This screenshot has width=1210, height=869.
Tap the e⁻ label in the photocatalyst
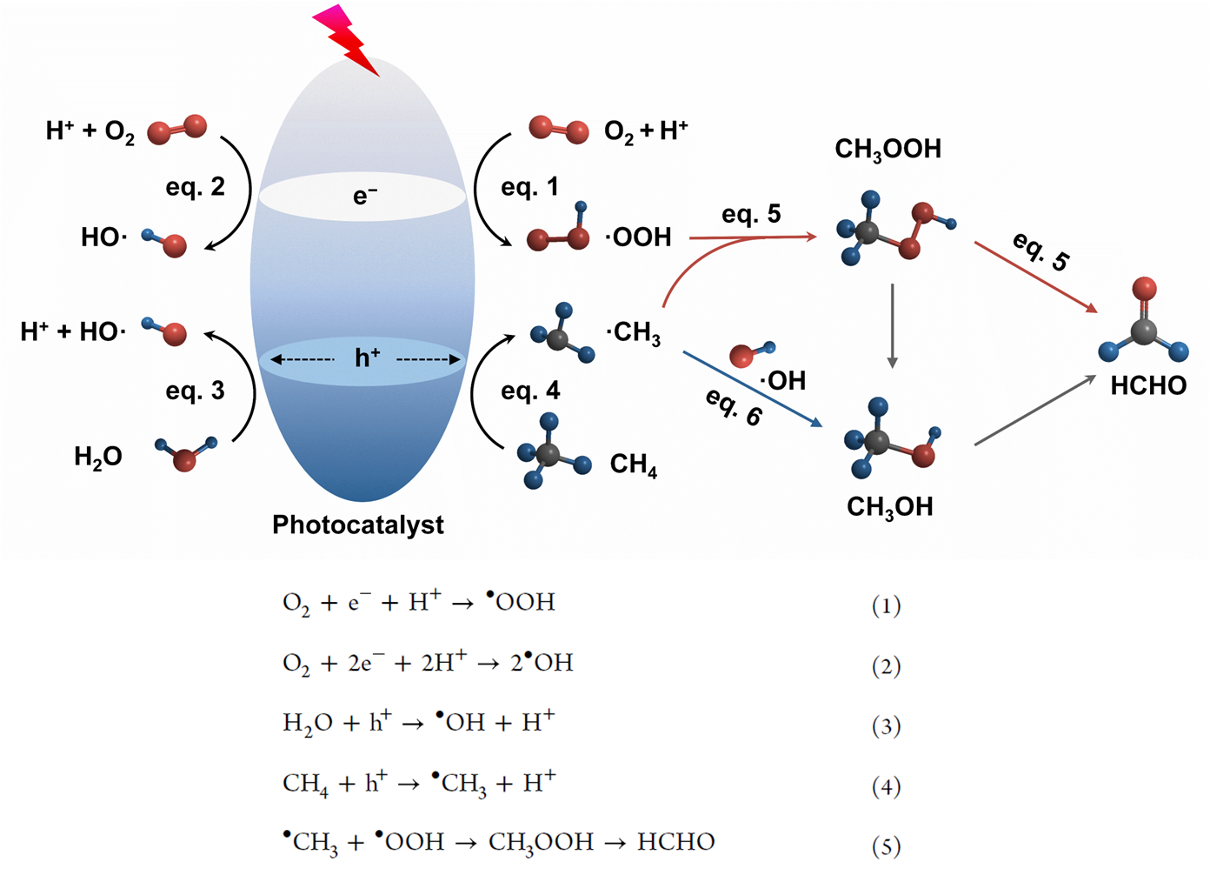364,197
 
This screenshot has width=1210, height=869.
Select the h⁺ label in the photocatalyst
367,358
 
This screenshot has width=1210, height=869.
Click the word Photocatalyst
357,525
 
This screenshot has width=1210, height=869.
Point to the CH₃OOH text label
888,149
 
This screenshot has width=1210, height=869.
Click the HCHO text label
1148,385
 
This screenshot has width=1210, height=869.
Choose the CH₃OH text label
889,506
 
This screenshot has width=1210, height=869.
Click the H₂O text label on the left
98,457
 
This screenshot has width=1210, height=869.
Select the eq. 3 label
195,391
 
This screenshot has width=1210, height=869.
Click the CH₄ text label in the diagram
633,465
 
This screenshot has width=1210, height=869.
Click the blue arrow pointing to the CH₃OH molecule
752,389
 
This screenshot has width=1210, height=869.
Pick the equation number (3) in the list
886,726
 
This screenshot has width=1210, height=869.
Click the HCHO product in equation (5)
675,842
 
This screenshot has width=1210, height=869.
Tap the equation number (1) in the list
886,605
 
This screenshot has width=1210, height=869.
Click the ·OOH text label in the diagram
639,237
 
